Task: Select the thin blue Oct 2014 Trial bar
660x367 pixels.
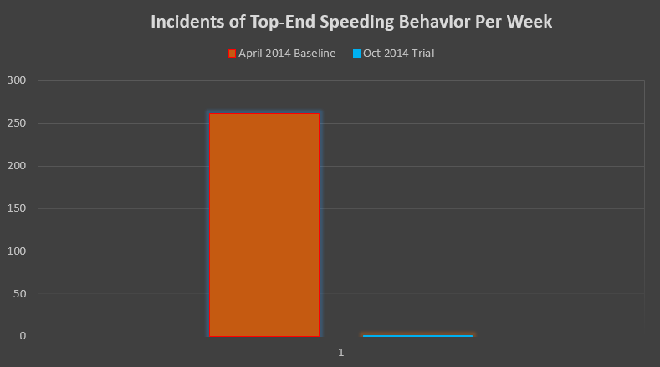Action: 417,335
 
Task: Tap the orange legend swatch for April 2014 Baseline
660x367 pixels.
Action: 232,54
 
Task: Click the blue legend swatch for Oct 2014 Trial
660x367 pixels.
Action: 356,54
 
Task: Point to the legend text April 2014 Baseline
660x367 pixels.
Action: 287,54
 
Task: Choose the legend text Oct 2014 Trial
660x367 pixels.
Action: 398,54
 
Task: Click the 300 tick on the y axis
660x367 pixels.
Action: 17,80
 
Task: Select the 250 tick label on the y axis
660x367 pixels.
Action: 17,123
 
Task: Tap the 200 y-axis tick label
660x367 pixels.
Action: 17,166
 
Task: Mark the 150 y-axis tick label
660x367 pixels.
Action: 17,208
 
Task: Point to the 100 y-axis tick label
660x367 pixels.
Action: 17,251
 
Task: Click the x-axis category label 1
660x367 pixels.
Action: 341,353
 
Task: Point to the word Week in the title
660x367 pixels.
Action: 531,23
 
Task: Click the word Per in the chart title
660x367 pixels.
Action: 490,23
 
